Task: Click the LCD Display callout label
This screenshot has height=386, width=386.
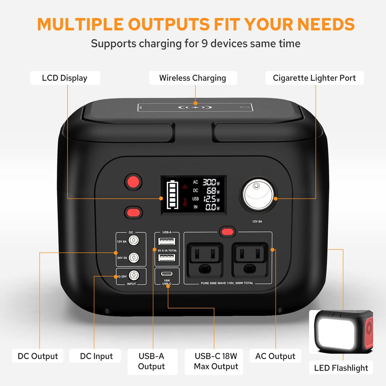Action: [65, 78]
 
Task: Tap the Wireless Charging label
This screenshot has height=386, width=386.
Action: [193, 78]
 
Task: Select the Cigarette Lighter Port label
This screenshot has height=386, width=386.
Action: [315, 78]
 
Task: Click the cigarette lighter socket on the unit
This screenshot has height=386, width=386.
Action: [258, 195]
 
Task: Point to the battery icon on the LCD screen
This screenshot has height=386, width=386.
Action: [173, 195]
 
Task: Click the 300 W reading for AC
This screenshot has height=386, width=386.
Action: [209, 182]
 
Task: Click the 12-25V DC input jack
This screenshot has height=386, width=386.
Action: [134, 275]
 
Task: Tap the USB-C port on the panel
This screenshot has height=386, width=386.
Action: [167, 274]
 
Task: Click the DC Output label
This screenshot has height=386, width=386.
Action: [38, 356]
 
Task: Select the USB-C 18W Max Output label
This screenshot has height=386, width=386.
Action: [216, 361]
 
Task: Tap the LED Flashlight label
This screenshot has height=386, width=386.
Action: [341, 368]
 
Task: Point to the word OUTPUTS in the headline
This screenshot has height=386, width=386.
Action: [168, 24]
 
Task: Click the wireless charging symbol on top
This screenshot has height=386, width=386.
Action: [195, 107]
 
